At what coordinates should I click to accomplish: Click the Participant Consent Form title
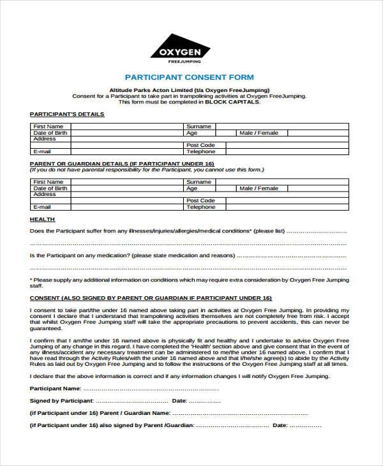(189, 77)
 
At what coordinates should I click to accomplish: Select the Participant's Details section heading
(67, 114)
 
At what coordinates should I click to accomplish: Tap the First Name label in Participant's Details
(49, 126)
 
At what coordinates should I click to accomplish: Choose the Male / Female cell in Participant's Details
(259, 133)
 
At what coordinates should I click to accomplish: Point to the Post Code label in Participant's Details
(199, 146)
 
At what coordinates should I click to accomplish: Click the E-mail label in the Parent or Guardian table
(42, 207)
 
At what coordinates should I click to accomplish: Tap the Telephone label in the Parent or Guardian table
(200, 207)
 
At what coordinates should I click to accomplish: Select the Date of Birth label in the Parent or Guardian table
(50, 188)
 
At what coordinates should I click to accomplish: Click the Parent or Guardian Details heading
(121, 163)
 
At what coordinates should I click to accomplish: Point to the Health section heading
(42, 219)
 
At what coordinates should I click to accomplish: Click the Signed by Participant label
(62, 401)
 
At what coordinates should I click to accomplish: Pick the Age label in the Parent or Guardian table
(192, 188)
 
